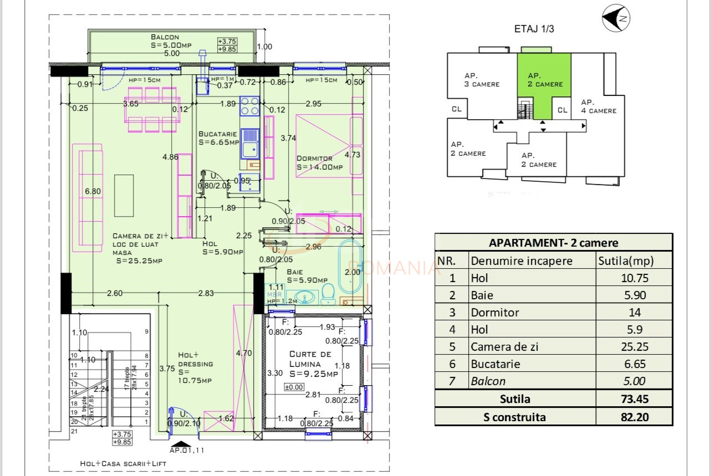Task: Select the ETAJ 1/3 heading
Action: tap(534, 29)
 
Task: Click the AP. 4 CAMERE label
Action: tap(598, 106)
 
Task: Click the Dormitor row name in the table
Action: tap(494, 313)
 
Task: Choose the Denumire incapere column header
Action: tap(521, 260)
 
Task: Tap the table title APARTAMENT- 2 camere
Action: tap(553, 242)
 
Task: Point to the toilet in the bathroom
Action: tap(328, 294)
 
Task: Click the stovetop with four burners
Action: tap(250, 105)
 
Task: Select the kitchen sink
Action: tap(250, 144)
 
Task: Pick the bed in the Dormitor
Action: tap(323, 146)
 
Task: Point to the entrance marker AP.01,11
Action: tap(186, 449)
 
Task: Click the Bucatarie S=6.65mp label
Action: tap(218, 138)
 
